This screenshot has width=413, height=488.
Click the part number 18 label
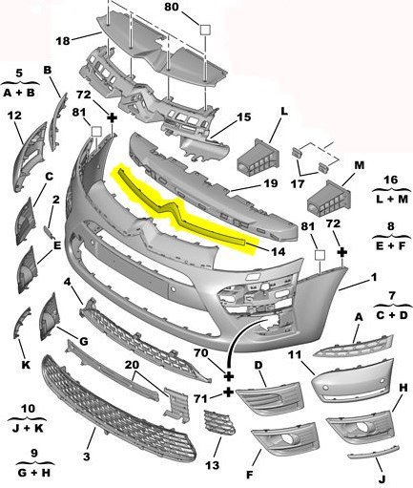point(63,41)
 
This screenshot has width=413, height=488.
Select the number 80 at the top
point(172,7)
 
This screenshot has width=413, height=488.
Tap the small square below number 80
point(205,30)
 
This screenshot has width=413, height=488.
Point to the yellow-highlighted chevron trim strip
point(178,210)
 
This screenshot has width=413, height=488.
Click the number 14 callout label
point(279,251)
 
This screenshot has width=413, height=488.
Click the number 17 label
point(298,183)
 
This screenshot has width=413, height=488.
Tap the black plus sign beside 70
point(229,376)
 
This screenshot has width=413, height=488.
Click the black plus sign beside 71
point(229,393)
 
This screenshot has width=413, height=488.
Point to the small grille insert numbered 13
point(219,423)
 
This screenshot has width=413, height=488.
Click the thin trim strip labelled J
point(374,452)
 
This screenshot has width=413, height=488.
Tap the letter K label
point(26,365)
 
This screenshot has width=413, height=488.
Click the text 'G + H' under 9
point(34,473)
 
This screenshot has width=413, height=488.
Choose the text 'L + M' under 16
point(392,199)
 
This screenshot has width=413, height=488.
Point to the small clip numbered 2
point(49,232)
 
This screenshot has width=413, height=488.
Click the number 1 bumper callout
point(374,277)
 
